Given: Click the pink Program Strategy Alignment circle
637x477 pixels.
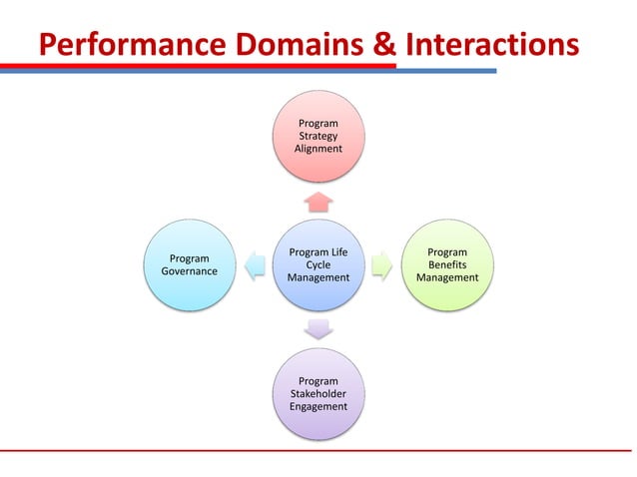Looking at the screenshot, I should (x=318, y=136).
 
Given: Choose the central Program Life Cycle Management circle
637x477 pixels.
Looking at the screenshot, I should (x=318, y=264).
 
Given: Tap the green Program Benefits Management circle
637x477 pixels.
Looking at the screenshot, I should (x=447, y=264).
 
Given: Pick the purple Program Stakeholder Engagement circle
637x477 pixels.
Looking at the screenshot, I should (x=318, y=393).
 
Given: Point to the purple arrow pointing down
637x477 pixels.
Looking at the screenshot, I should (x=318, y=328).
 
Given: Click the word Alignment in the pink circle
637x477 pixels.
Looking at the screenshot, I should (x=318, y=149).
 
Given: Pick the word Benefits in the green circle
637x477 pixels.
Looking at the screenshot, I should (x=447, y=265).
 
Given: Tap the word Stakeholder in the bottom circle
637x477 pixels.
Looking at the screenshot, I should (x=318, y=394).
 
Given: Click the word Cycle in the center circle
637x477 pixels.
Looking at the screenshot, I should (x=318, y=265).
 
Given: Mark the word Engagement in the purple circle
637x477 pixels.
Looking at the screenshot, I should (x=318, y=407).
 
